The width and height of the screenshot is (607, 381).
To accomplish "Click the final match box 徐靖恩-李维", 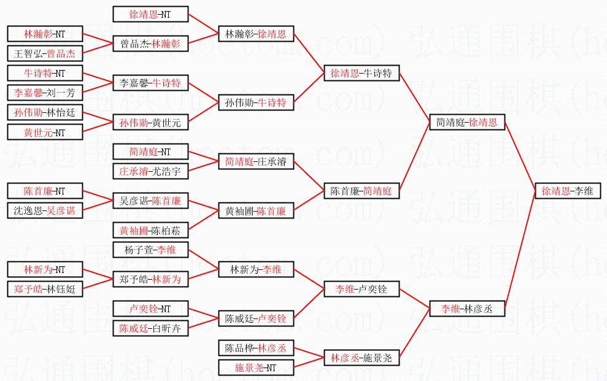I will [x=567, y=191].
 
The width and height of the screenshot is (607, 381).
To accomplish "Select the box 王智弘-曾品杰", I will [x=45, y=53].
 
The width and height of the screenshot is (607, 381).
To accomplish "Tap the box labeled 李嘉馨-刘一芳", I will [x=45, y=93].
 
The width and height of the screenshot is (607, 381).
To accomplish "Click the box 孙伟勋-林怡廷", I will [x=45, y=113].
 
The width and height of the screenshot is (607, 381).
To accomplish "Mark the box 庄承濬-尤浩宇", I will [x=150, y=172].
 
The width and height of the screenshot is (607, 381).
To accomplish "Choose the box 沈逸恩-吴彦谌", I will [x=45, y=210].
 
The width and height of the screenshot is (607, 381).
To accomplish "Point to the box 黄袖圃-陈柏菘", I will [x=150, y=230].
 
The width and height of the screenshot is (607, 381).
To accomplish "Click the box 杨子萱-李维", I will [x=150, y=250].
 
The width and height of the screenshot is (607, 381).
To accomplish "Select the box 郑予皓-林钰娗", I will [x=45, y=289].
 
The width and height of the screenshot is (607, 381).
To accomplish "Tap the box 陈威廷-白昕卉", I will [x=150, y=328].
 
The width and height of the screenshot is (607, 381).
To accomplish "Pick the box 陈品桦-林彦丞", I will [x=256, y=348].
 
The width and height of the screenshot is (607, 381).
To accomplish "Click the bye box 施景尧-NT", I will [x=256, y=368].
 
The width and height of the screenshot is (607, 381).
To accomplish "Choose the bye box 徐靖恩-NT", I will [x=150, y=14].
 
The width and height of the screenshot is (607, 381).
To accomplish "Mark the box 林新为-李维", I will [x=256, y=269].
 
